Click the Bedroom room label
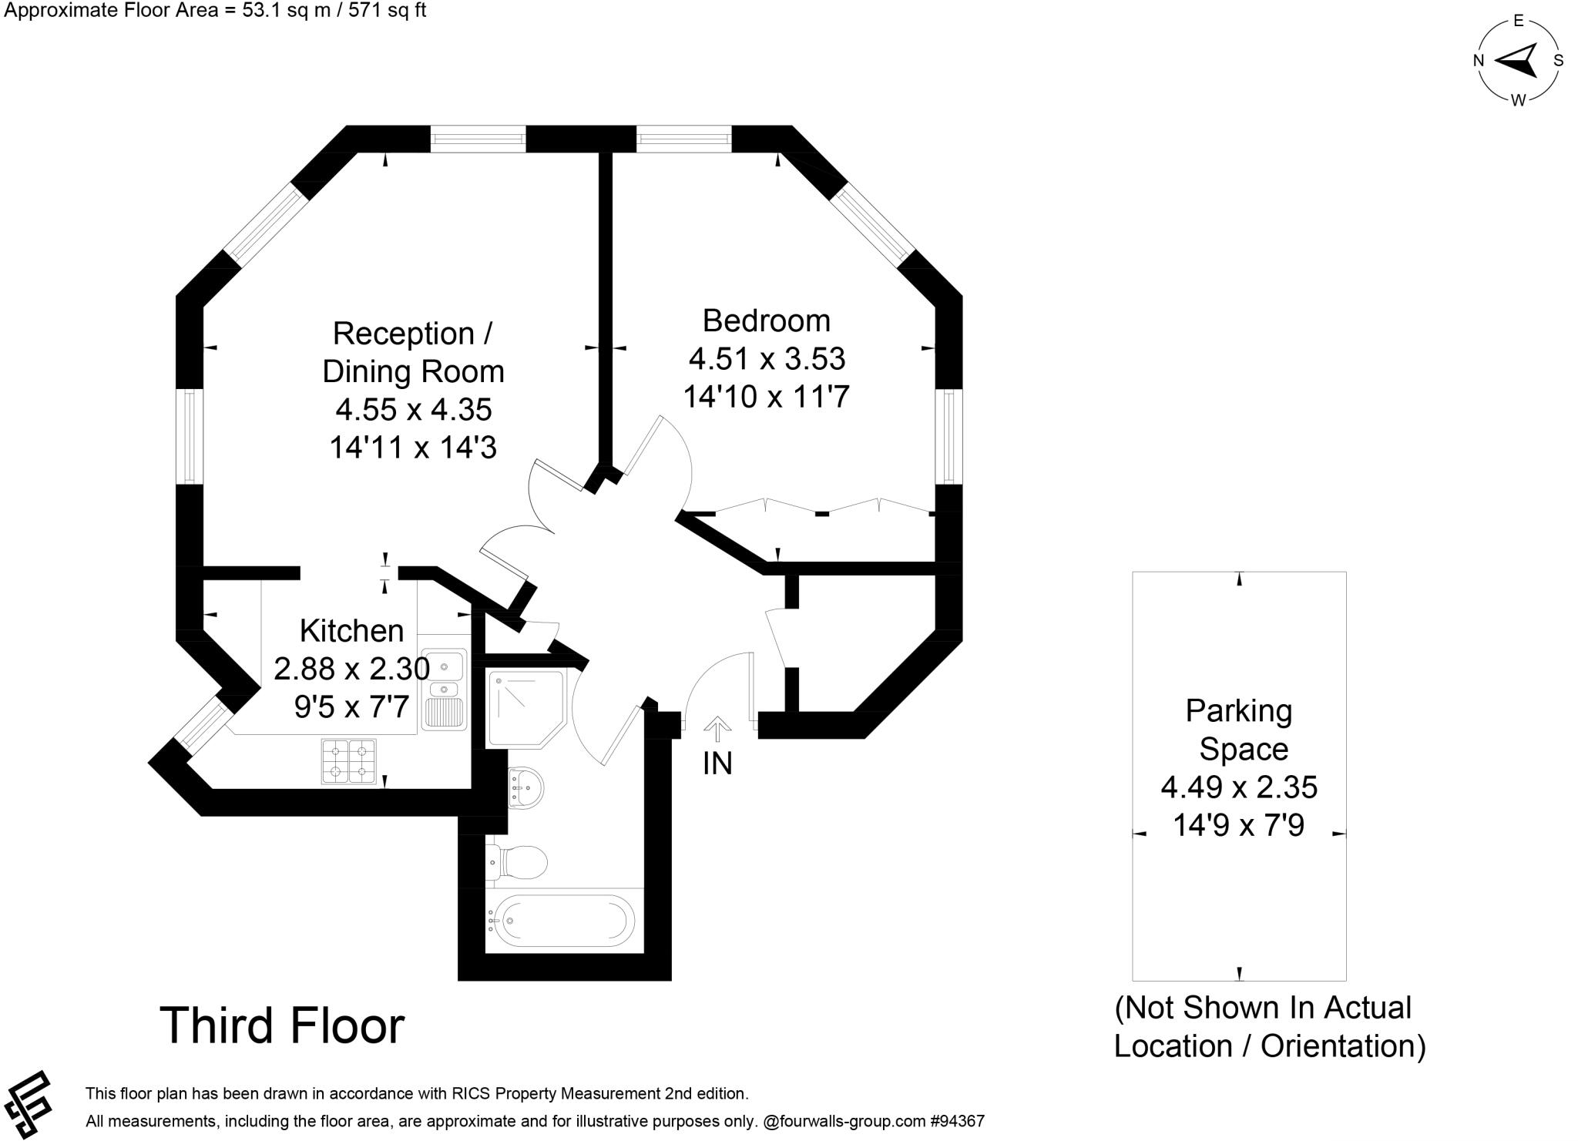(766, 320)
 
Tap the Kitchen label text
(351, 631)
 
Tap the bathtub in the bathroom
(562, 920)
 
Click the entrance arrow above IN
(717, 728)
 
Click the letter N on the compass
(1479, 61)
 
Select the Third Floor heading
(282, 1025)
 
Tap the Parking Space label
(1238, 729)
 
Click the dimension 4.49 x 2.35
(1238, 787)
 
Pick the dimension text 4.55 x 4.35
(413, 409)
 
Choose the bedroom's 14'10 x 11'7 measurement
(766, 397)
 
